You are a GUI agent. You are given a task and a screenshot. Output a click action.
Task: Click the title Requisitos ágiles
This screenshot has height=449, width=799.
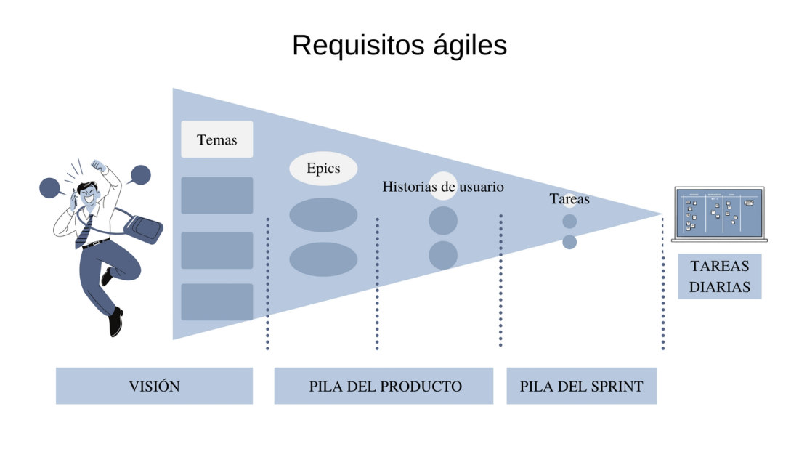tap(399, 45)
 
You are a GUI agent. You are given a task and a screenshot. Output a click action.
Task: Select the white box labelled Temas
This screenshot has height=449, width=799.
tap(216, 139)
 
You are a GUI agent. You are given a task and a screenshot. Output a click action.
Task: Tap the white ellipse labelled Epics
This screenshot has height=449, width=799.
tap(323, 169)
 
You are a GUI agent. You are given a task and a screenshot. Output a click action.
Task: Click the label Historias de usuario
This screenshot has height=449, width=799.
tap(442, 187)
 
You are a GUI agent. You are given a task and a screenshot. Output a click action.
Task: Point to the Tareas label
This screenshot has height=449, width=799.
tap(569, 198)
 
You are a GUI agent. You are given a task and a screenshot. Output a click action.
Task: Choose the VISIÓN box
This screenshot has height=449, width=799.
tap(154, 386)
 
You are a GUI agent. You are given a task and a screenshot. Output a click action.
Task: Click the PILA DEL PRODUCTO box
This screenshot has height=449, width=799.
tap(384, 386)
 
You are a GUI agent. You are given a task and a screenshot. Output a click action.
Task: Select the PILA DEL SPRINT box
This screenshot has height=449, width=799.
tap(581, 386)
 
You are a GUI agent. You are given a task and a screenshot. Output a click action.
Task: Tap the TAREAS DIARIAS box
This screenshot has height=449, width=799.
tap(719, 277)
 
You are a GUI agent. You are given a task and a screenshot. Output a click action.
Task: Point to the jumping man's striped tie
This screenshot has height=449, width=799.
tap(85, 232)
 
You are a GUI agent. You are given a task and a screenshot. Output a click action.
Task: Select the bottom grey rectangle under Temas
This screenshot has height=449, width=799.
tap(216, 302)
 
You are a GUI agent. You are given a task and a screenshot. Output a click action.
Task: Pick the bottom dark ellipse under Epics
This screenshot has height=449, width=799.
tap(323, 259)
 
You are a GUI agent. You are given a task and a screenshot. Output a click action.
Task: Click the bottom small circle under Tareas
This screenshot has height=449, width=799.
tap(569, 242)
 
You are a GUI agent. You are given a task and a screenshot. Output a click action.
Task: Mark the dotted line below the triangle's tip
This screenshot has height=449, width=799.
tap(662, 283)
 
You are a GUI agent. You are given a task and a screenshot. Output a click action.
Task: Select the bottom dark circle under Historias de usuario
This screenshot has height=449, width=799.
tap(443, 255)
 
